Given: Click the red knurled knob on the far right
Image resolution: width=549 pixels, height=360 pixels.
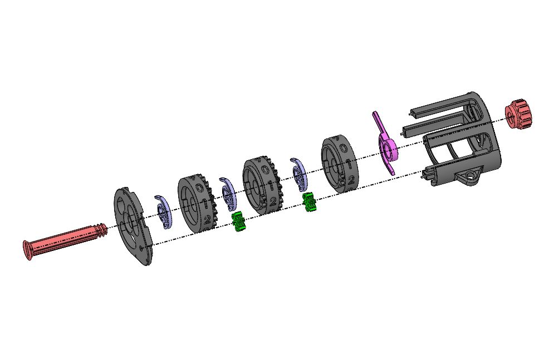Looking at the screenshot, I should click(x=518, y=115).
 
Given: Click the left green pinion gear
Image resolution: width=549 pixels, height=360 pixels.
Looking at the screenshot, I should click(x=239, y=221).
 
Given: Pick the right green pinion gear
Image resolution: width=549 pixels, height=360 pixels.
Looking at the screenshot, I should click(x=309, y=202).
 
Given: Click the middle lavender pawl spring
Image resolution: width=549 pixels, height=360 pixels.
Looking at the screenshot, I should click(x=228, y=191).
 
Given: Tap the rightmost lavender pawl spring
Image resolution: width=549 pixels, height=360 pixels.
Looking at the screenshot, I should click(x=299, y=173).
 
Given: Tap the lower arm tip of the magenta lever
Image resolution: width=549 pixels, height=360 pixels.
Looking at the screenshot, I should click(x=393, y=173).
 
